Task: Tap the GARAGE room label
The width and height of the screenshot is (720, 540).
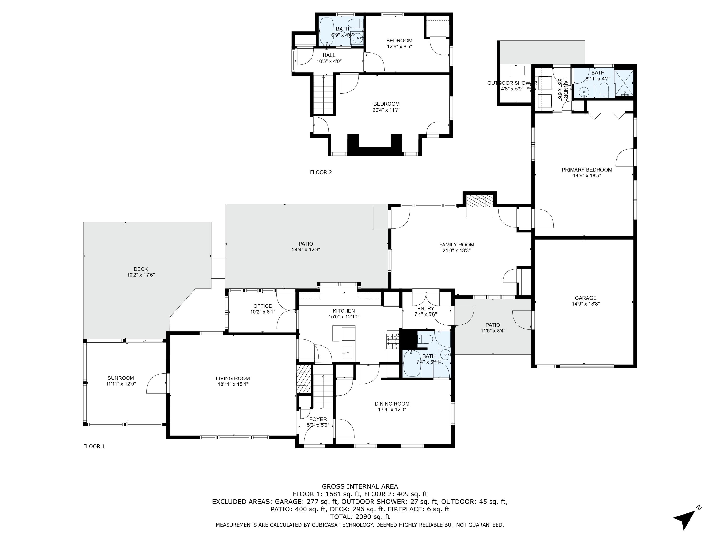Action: coord(586,298)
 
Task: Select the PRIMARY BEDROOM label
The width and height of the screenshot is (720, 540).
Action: coord(587,170)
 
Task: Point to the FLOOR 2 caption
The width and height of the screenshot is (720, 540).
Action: coord(321,172)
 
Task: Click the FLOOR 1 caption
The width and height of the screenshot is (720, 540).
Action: coord(94,446)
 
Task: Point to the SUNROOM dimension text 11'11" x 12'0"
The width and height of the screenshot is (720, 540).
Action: coord(121,384)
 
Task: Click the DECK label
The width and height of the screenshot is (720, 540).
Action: coord(141,269)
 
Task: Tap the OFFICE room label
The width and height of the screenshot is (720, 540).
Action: coord(263,306)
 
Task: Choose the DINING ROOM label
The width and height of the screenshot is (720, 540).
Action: coord(392,404)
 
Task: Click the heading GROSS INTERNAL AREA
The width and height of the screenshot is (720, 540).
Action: coord(360,486)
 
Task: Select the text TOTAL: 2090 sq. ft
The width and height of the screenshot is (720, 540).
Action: coord(360,516)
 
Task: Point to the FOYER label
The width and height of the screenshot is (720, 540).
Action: coord(318,419)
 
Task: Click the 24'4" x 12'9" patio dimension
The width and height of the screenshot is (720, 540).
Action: coord(306,250)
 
